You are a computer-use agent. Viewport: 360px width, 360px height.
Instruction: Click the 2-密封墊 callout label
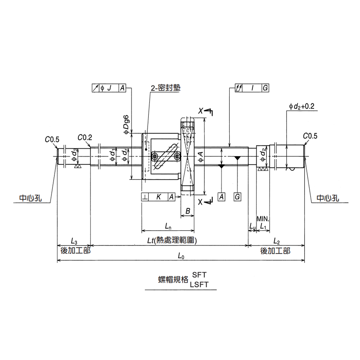coord(166,88)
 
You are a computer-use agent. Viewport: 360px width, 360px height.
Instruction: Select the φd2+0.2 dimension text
coord(301,106)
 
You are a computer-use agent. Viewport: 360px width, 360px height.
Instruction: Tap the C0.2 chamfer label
coord(85,137)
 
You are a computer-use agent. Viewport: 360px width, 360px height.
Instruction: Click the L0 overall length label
coord(181,256)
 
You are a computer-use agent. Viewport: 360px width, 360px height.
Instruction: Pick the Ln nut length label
coord(168,226)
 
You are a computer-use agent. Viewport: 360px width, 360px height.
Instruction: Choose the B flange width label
coord(188,211)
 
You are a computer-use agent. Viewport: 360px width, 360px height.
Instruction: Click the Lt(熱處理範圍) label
coord(172,240)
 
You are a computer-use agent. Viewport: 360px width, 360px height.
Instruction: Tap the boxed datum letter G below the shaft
coord(237,197)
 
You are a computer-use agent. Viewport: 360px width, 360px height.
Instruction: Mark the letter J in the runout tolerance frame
coord(109,88)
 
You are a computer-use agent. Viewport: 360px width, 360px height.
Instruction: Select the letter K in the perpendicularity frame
coord(158,197)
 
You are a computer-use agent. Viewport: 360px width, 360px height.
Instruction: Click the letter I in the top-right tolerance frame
coord(252,88)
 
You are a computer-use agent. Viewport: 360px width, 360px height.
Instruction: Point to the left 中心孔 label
coord(31,198)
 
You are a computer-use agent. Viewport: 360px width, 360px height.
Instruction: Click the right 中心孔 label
coord(328,198)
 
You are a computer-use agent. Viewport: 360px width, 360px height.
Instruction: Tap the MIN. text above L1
coord(263,219)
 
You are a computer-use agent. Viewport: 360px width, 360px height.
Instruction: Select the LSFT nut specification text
coord(199,284)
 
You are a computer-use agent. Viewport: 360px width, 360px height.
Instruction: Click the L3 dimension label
coord(74,241)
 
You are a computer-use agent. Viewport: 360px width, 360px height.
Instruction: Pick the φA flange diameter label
coord(200,157)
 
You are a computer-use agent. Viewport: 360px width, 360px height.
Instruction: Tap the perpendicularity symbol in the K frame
coord(145,197)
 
